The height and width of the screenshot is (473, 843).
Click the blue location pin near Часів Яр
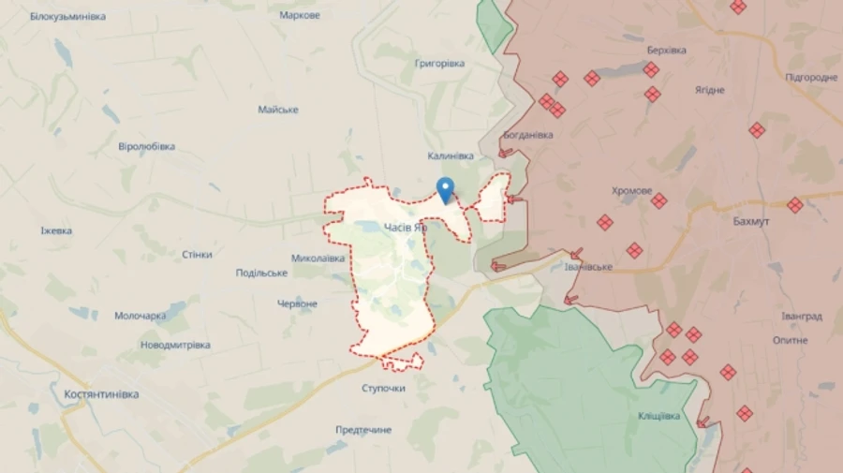click(x=446, y=188)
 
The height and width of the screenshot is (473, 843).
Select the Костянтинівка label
click(x=101, y=394)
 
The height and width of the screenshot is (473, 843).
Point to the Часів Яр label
click(x=406, y=227)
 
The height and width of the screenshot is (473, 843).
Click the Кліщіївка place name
click(x=658, y=416)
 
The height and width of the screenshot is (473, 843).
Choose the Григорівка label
click(x=438, y=63)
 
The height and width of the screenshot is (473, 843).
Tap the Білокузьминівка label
click(x=67, y=17)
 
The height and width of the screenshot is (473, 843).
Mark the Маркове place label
click(x=300, y=16)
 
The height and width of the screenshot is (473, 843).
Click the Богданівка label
click(x=527, y=135)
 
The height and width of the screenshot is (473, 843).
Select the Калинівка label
click(x=450, y=155)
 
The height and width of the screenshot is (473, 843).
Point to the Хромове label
click(x=631, y=191)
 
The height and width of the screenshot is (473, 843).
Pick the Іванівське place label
click(x=588, y=267)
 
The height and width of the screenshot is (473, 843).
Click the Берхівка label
click(x=666, y=50)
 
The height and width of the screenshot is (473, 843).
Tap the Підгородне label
click(x=811, y=77)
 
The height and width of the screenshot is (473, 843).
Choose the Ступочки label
click(x=383, y=388)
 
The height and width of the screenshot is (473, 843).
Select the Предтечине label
click(x=363, y=430)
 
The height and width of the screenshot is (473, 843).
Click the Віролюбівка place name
click(x=147, y=146)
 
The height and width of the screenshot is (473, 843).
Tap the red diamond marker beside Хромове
click(x=659, y=200)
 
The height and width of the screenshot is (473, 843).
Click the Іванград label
click(x=803, y=316)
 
